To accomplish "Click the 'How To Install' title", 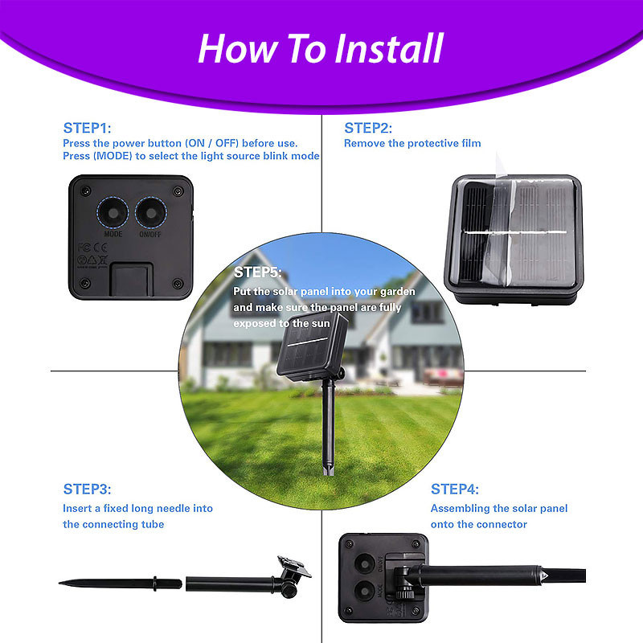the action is [321, 48].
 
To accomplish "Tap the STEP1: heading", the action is [87, 128].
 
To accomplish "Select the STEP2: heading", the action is [368, 128].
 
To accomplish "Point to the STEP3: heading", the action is [87, 489].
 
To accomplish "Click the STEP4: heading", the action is [454, 489].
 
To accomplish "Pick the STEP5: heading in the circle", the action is [257, 272].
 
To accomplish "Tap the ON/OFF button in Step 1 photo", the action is [151, 213].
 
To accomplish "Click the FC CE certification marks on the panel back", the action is [92, 248].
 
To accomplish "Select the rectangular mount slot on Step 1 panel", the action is [131, 279].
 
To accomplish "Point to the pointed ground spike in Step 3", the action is [120, 584].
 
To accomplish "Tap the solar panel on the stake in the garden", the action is [312, 345].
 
